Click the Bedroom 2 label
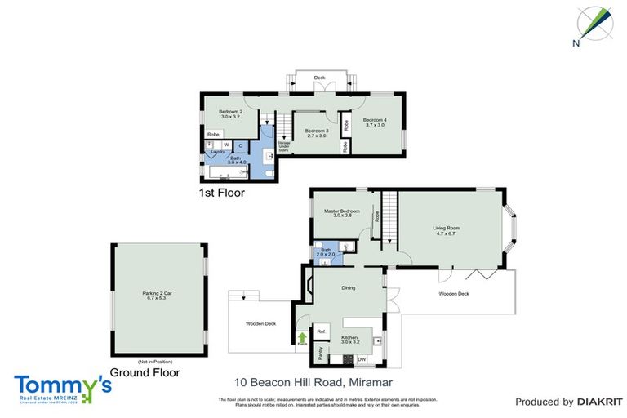[x=230, y=114]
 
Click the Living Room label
[x=447, y=231]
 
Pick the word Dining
[x=348, y=287]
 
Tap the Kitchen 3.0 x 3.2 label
[x=349, y=339]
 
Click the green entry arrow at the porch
[x=302, y=337]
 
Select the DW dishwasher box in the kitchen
[x=361, y=358]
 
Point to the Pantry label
[x=321, y=354]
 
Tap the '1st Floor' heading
[x=222, y=194]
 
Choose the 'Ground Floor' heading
[x=145, y=372]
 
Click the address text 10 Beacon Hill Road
[x=291, y=381]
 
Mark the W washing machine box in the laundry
[x=226, y=145]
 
